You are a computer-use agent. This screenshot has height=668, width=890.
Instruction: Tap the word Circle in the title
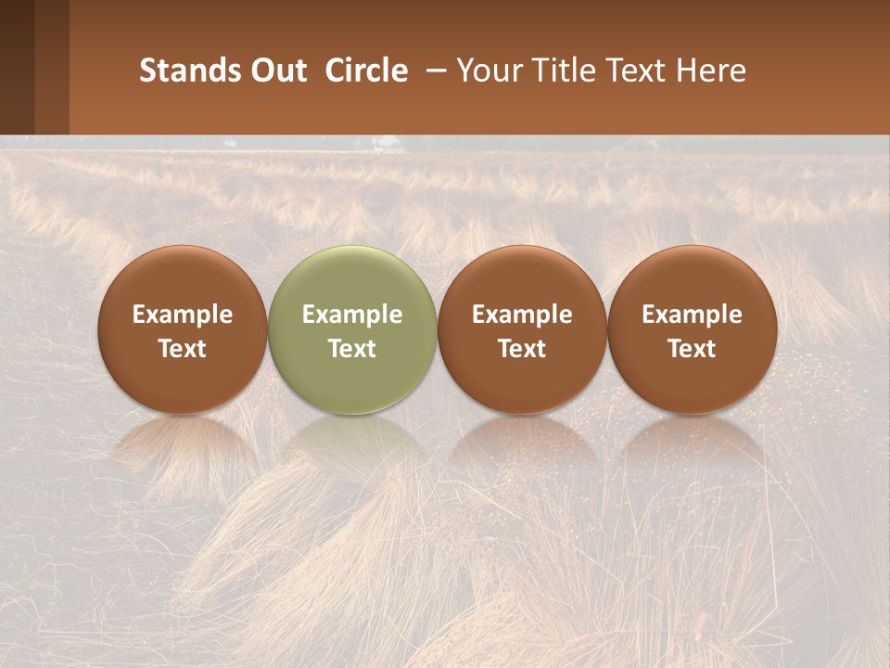(366, 71)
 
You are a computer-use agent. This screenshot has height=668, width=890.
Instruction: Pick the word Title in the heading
(566, 71)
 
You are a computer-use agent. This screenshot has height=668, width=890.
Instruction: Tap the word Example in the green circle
(352, 315)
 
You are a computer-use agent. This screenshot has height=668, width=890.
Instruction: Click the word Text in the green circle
(352, 349)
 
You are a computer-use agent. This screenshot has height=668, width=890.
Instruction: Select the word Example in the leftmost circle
(183, 315)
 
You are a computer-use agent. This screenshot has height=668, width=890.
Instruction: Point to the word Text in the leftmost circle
(183, 349)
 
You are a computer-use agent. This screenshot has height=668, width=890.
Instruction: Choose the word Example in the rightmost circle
(692, 315)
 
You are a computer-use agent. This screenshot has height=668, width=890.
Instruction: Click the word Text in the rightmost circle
(692, 349)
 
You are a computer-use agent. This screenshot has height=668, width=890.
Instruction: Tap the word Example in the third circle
(522, 315)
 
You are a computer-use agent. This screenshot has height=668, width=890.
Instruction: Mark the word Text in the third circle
(522, 349)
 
